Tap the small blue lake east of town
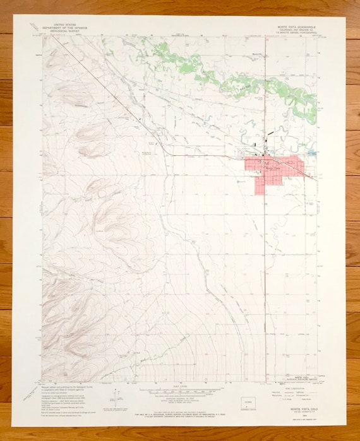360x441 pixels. point(311,153)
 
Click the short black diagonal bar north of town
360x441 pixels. point(271,133)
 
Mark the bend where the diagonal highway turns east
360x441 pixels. point(165,152)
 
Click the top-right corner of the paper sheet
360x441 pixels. point(346,17)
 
